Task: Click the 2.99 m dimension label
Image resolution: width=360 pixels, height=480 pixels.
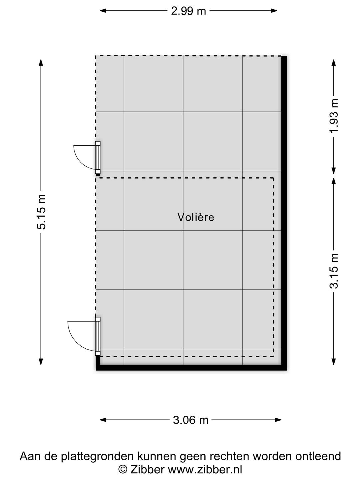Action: pos(188,11)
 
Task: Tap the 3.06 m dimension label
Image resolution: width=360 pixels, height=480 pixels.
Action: pos(191,420)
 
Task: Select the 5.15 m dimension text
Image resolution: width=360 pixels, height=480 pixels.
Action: pos(41,212)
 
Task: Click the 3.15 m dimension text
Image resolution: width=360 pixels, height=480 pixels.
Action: pos(334,271)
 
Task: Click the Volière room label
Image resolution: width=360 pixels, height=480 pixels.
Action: pos(196,217)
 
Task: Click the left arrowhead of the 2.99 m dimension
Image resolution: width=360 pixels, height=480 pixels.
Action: pos(103,10)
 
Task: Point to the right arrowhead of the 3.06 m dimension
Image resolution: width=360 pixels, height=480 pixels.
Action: pos(278,420)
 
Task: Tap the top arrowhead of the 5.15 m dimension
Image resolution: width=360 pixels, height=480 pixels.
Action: pos(41,63)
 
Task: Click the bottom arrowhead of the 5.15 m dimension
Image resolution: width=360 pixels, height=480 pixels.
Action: pos(41,362)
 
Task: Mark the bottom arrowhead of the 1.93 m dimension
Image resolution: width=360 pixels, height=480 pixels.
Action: pos(334,171)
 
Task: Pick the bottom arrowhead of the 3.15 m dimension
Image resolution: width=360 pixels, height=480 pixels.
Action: pos(334,362)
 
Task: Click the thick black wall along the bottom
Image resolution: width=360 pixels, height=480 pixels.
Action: pos(191,368)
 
